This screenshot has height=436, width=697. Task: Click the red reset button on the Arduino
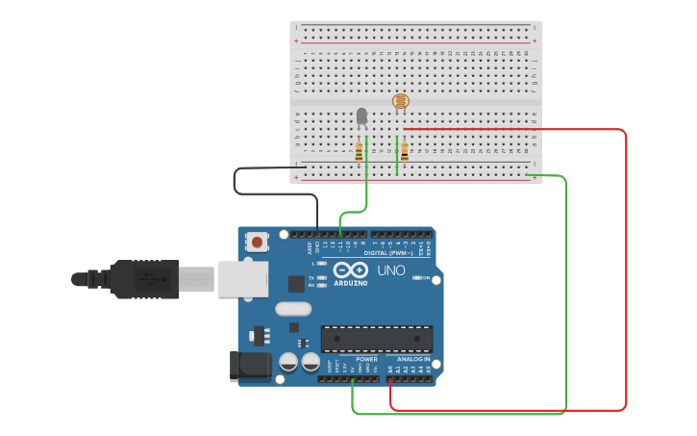pyautogui.click(x=257, y=241)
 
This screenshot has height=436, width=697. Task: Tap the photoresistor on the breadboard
pyautogui.click(x=400, y=101)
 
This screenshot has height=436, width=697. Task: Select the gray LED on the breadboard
pyautogui.click(x=361, y=116)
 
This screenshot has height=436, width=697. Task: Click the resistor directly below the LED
pyautogui.click(x=360, y=151)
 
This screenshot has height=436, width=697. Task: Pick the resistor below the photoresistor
pyautogui.click(x=405, y=151)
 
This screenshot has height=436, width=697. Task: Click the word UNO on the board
pyautogui.click(x=390, y=270)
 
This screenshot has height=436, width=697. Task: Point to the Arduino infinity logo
pyautogui.click(x=351, y=269)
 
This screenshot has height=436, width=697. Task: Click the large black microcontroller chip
pyautogui.click(x=376, y=338)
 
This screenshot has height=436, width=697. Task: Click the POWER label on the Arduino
pyautogui.click(x=366, y=359)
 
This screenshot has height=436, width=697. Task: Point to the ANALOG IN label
pyautogui.click(x=414, y=359)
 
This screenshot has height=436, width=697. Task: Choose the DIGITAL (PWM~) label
pyautogui.click(x=388, y=253)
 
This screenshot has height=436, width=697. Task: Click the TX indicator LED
pyautogui.click(x=322, y=277)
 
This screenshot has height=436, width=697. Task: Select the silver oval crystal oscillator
pyautogui.click(x=293, y=309)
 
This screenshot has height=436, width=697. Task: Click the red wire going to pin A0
pyautogui.click(x=626, y=289)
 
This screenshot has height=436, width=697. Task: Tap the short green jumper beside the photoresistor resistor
pyautogui.click(x=397, y=156)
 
